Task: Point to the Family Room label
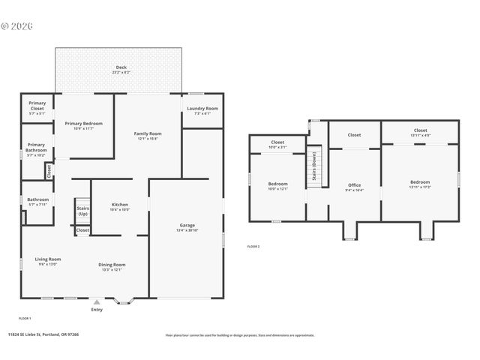tap(148, 133)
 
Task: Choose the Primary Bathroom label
tap(36, 147)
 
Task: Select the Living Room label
tap(46, 259)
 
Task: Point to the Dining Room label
tap(112, 264)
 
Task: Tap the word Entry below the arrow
tap(97, 309)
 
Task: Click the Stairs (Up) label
tap(82, 211)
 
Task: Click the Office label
tap(354, 184)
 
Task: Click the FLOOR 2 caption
tap(253, 246)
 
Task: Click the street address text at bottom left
tap(43, 335)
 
